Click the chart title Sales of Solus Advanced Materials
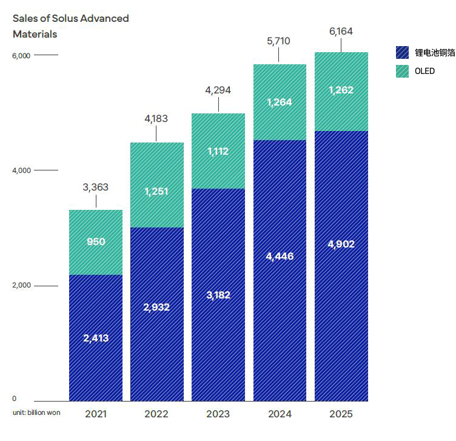[x=70, y=26]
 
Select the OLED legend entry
[x=424, y=71]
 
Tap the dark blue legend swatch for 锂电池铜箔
[x=403, y=53]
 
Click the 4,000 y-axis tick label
[x=21, y=170]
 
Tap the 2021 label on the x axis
[x=96, y=414]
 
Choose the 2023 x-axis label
[x=218, y=414]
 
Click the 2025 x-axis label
[x=340, y=414]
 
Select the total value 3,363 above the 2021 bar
[x=96, y=187]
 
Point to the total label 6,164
[x=340, y=32]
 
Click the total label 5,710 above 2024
[x=279, y=41]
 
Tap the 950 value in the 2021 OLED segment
[x=96, y=241]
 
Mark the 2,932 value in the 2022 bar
[x=157, y=307]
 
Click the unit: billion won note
[x=36, y=412]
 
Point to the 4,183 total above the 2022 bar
[x=157, y=119]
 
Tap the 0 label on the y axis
[x=15, y=399]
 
